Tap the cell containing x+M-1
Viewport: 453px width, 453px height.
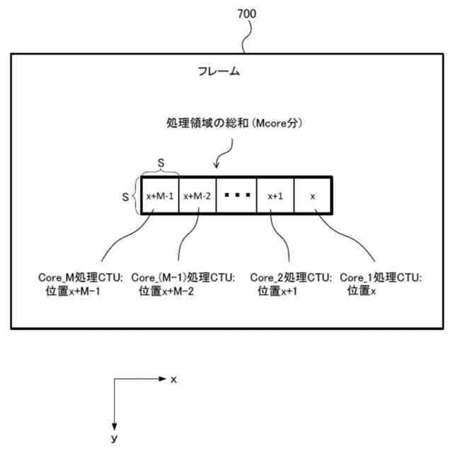tap(159, 196)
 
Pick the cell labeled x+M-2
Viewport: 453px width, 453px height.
tap(197, 196)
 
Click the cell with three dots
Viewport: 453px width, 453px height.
tap(236, 196)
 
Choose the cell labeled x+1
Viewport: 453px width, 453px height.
tap(275, 196)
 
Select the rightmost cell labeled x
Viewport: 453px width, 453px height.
tap(312, 196)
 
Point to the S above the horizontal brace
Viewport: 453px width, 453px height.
tap(160, 163)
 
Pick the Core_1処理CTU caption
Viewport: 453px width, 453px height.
tap(381, 277)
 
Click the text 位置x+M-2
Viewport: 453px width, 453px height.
tap(169, 290)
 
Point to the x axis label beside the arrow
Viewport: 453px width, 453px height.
tap(173, 380)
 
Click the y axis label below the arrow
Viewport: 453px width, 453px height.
tap(114, 439)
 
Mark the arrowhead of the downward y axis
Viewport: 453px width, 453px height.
tap(114, 423)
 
